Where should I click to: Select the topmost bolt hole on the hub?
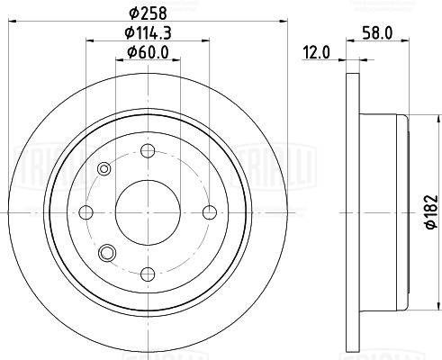pos(148,149)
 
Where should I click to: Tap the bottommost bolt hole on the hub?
pos(148,273)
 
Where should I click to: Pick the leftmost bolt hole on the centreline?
pos(86,211)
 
